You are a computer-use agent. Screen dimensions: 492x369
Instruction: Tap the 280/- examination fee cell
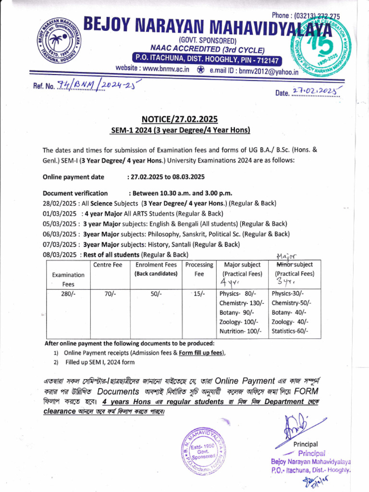[x=68, y=294]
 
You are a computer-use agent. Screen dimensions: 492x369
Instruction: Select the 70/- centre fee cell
[x=112, y=294]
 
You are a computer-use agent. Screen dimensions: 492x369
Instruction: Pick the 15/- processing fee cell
[x=198, y=294]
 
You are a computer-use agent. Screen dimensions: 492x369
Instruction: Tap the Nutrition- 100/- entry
[x=240, y=331]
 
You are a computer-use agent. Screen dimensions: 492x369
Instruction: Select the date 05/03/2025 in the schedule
[x=60, y=223]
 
